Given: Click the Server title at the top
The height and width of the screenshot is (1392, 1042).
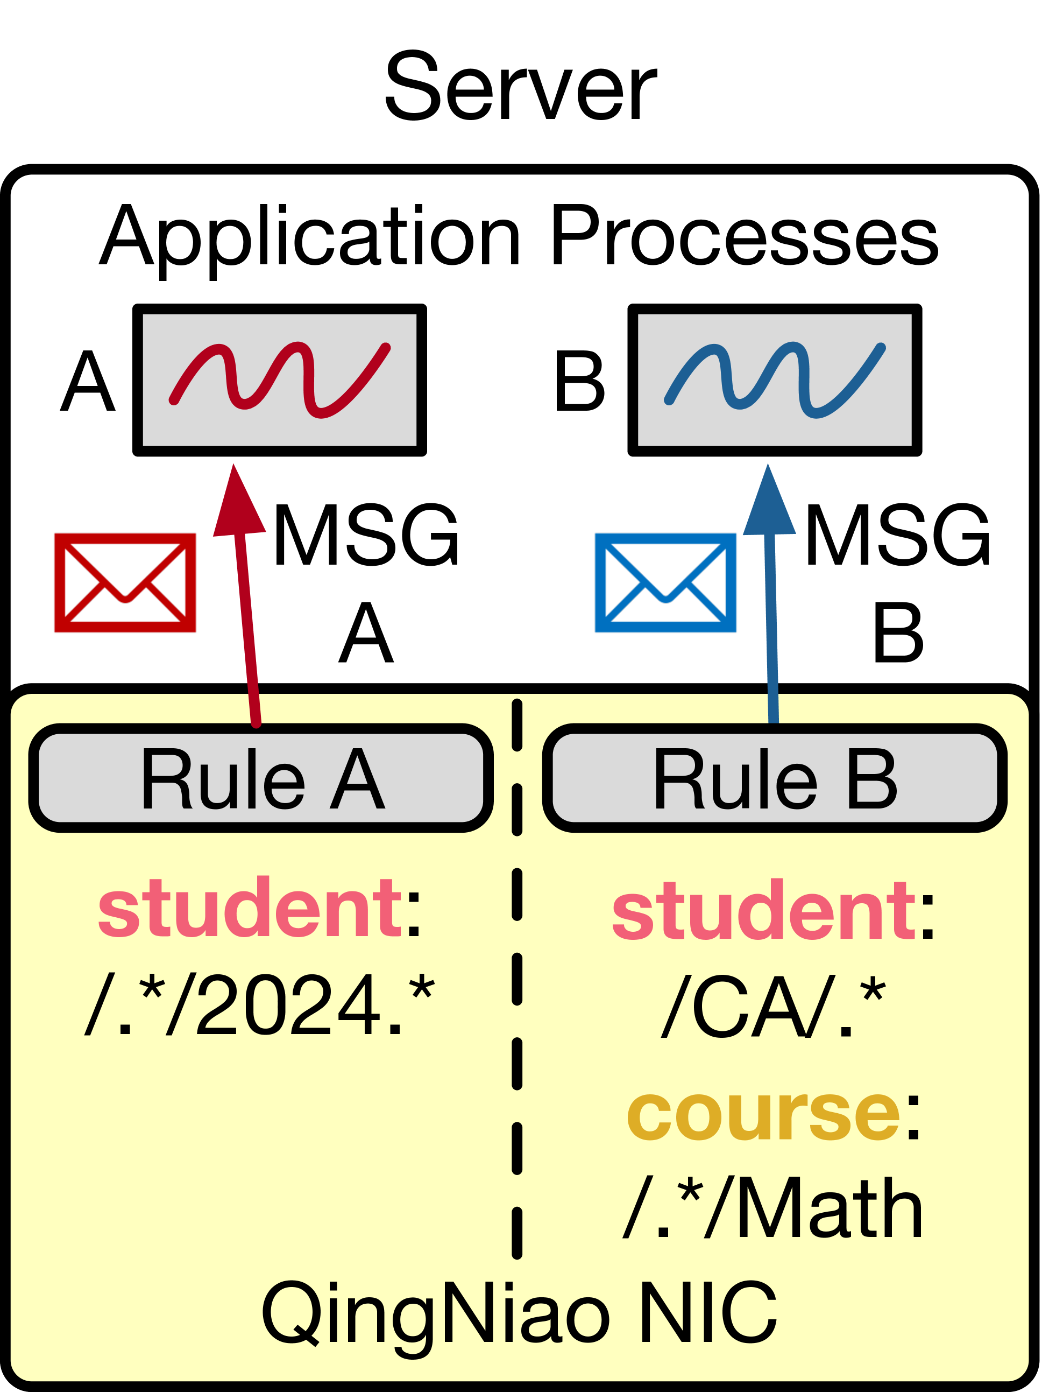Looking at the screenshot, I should tap(520, 87).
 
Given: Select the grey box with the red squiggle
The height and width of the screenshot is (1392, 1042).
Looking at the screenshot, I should tap(280, 380).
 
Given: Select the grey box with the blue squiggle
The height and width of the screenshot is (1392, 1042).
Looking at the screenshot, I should tap(775, 380).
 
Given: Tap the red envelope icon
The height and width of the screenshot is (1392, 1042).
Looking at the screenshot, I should tap(125, 583).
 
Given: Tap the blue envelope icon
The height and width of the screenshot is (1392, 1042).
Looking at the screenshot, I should tap(665, 583).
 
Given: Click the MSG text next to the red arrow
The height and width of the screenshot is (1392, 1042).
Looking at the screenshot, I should tap(365, 536).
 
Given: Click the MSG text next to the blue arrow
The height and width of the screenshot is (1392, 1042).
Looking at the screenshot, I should tap(897, 536).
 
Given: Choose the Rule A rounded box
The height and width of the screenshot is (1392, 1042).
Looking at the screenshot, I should tap(261, 779).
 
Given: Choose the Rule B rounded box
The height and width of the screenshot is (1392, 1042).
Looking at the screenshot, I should tap(775, 779).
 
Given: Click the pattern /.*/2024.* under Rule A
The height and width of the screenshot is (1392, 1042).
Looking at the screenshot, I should tap(260, 1006).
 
